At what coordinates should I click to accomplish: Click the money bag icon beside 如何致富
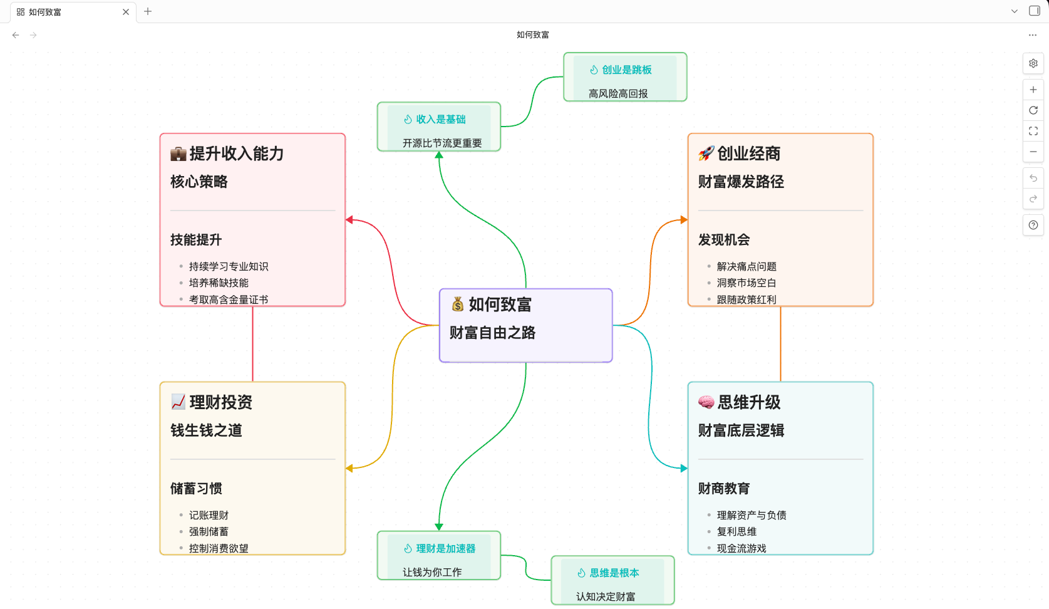458,304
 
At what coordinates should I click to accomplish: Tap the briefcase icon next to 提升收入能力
178,154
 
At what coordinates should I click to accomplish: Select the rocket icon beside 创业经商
706,154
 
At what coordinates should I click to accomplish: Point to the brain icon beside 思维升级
706,402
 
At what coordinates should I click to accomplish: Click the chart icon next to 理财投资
178,402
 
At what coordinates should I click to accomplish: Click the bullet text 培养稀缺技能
219,283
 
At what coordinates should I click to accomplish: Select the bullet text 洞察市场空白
747,283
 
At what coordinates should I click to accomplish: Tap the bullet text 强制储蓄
209,532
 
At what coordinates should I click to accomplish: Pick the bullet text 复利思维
736,532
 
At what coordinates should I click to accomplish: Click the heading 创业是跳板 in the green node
626,70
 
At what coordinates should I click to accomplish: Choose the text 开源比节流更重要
442,143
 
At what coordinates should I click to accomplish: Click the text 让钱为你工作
432,572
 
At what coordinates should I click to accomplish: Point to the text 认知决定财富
606,596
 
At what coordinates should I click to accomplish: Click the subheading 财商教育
724,489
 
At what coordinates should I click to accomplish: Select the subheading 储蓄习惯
196,489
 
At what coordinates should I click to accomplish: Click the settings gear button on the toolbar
1033,63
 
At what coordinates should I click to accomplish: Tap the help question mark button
1033,225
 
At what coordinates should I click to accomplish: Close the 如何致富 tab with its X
126,12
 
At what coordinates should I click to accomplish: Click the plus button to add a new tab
148,11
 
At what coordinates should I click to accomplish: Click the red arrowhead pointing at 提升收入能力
349,220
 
